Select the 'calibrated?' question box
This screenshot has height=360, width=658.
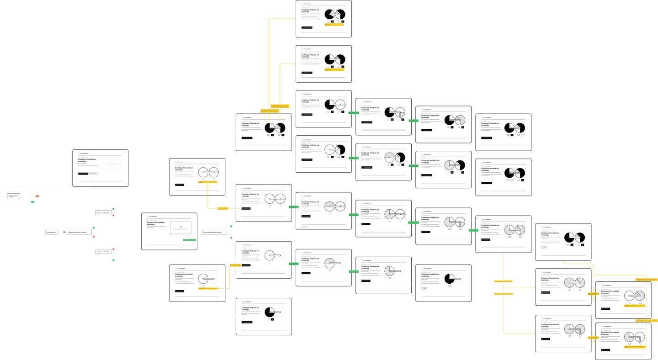51,233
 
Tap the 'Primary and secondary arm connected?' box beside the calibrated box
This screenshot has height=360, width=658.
80,233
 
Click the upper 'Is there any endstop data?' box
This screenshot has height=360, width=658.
103,213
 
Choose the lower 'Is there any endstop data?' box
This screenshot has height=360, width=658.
103,252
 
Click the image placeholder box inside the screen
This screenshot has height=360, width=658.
180,228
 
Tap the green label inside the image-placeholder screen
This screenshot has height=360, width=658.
189,239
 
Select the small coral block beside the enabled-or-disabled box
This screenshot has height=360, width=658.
37,199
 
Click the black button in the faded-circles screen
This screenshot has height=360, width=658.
83,174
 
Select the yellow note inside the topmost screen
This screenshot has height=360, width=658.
334,24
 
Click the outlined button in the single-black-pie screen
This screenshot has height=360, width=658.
424,289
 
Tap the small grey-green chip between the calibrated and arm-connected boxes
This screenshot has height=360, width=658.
61,233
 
